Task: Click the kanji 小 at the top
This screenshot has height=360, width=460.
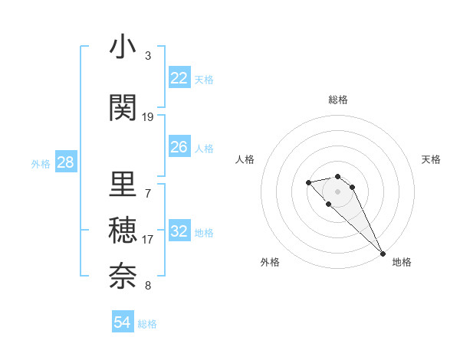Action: pos(123,47)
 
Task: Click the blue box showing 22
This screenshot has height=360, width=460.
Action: pos(179,78)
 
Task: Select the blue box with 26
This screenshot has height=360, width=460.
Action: pos(179,147)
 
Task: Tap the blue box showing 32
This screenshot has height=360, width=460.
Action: pos(179,232)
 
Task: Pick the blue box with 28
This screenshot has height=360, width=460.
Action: pos(65,162)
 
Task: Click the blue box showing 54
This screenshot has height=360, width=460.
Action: pos(123,322)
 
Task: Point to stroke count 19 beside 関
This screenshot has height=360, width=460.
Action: pos(148,116)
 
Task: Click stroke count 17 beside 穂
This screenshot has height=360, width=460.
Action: pos(148,239)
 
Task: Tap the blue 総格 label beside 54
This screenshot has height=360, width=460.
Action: pos(147,324)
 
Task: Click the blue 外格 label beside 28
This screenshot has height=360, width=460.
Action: pos(41,163)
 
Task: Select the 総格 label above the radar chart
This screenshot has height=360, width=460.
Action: pos(338,100)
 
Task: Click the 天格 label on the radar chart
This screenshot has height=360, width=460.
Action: pos(431,159)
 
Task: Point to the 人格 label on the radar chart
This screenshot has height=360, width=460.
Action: pos(245,159)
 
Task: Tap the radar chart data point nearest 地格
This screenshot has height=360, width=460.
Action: pos(383,253)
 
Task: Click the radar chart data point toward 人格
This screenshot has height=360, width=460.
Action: pos(308,182)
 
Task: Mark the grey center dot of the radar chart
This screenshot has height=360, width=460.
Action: pos(338,191)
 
